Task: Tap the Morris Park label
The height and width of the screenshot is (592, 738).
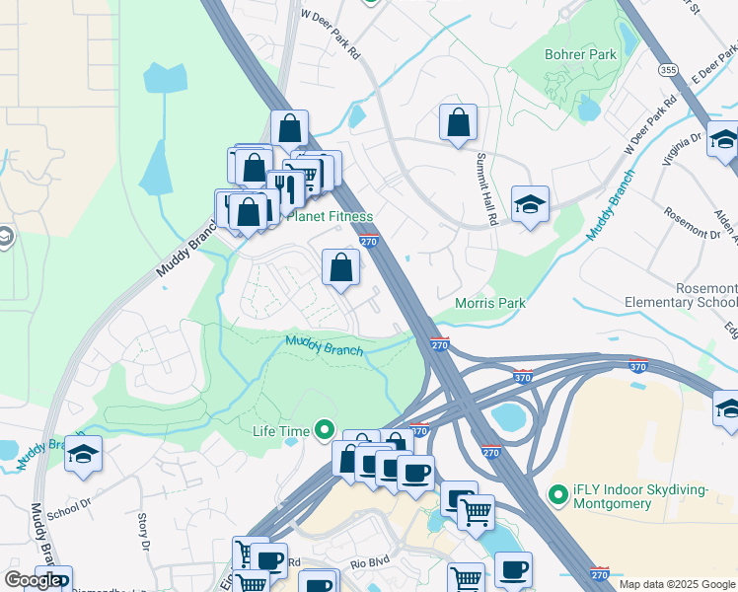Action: pos(490,303)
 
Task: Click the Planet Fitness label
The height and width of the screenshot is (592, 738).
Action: pos(330,216)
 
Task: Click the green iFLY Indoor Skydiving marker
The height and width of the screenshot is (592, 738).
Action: pos(557,490)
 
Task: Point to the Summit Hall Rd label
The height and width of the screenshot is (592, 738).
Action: pos(482,183)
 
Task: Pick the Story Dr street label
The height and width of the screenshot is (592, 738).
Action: pos(144,532)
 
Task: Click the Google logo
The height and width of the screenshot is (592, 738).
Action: pos(33,580)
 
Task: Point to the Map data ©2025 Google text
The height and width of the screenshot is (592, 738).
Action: pos(677,584)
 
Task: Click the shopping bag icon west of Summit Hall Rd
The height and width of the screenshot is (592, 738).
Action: pos(458,122)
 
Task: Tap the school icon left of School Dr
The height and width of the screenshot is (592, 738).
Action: pos(84,453)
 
